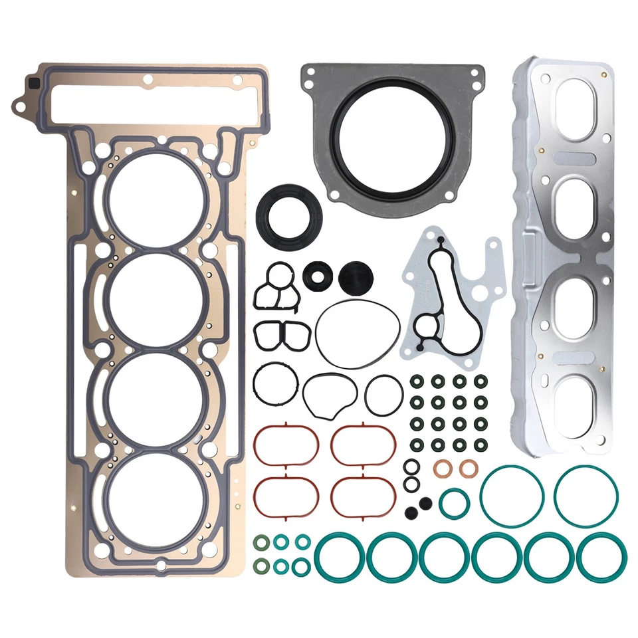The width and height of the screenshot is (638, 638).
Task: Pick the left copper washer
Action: click(442, 469)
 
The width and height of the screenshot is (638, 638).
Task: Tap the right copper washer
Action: click(469, 469)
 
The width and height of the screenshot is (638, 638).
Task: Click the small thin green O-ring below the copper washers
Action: click(455, 503)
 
